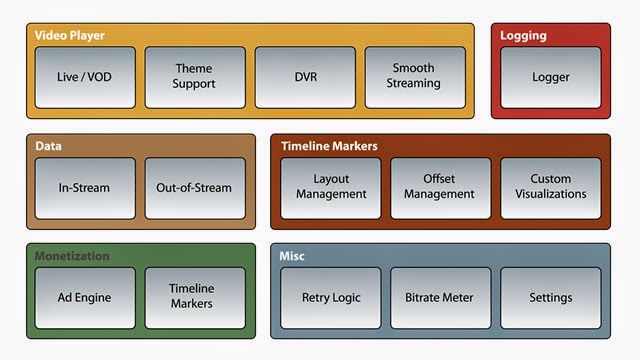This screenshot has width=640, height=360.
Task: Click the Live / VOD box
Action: (85, 77)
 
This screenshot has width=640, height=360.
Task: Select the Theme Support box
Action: (195, 77)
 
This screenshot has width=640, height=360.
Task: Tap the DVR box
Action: (305, 77)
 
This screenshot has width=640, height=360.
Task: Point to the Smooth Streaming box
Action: (414, 77)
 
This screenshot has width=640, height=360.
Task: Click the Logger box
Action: (550, 77)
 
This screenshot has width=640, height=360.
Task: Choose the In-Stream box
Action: (85, 187)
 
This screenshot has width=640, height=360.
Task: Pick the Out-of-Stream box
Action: (195, 187)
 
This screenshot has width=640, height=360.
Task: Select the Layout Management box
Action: (331, 187)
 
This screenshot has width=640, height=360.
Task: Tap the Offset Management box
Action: (440, 187)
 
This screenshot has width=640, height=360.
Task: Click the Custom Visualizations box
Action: (551, 187)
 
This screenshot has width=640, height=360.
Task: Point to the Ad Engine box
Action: (85, 297)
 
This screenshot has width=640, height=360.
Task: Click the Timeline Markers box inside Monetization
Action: (195, 297)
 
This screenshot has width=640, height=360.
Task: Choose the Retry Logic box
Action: (331, 297)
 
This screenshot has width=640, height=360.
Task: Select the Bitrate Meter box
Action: (440, 297)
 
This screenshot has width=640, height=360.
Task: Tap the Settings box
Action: (551, 297)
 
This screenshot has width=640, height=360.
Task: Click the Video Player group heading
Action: (69, 35)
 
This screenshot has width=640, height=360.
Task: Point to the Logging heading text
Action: (523, 36)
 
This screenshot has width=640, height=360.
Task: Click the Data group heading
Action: (48, 146)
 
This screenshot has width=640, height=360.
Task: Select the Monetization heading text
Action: (73, 256)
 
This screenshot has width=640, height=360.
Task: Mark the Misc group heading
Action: (293, 256)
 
